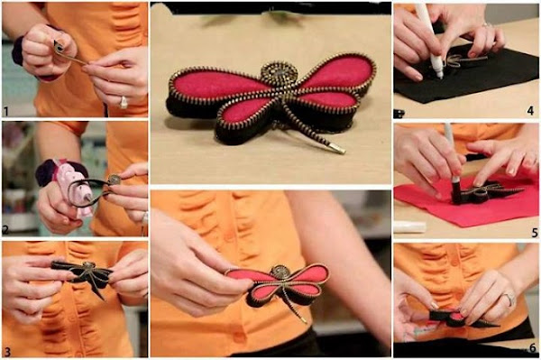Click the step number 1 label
click(6, 112)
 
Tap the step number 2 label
click(5, 229)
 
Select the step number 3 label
click(7, 352)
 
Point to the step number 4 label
click(530, 110)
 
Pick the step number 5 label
click(535, 233)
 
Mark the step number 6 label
click(533, 347)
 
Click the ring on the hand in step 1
click(124, 102)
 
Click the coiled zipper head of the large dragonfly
click(279, 73)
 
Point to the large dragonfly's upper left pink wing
click(218, 85)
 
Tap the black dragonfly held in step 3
click(84, 275)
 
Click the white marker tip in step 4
click(438, 73)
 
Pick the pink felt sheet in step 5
click(466, 204)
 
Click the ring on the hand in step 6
click(509, 299)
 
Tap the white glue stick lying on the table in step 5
click(409, 226)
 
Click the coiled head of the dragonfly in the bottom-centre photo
click(279, 272)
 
